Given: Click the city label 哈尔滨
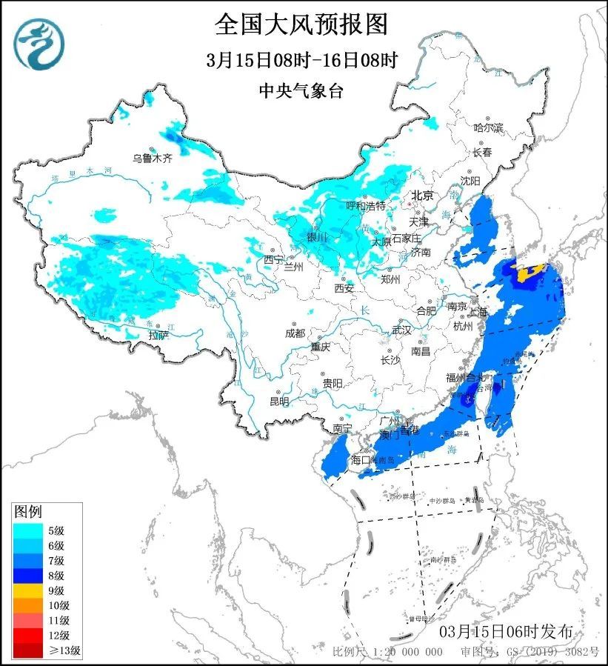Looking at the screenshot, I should [x=488, y=128].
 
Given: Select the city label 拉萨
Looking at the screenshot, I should [x=158, y=336].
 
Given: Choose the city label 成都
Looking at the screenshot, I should [x=294, y=333].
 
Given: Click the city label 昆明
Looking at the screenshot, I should [x=279, y=401].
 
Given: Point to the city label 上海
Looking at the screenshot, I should [x=478, y=312].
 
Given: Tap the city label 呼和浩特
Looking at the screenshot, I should [x=366, y=205].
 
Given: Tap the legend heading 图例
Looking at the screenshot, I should [x=29, y=512].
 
